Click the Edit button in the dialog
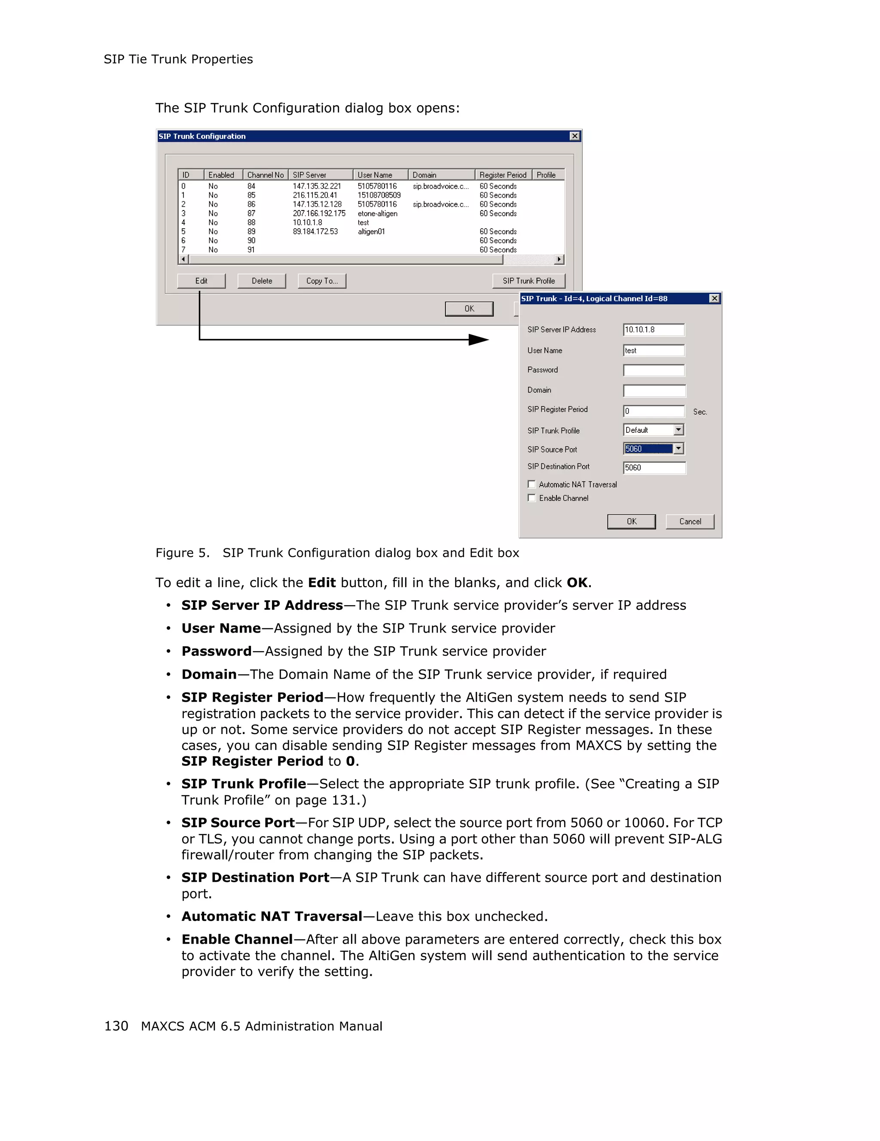pyautogui.click(x=201, y=281)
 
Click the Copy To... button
pyautogui.click(x=322, y=281)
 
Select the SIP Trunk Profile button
pyautogui.click(x=529, y=281)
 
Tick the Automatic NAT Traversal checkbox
pyautogui.click(x=532, y=484)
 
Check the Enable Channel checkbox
pyautogui.click(x=532, y=498)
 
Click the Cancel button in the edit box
pyautogui.click(x=689, y=521)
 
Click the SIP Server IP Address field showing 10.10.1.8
pyautogui.click(x=654, y=330)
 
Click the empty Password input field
pyautogui.click(x=654, y=370)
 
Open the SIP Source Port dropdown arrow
pyautogui.click(x=678, y=449)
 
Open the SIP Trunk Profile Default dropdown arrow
pyautogui.click(x=678, y=430)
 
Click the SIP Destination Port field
pyautogui.click(x=654, y=468)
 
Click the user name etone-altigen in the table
pyautogui.click(x=377, y=213)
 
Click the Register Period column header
pyautogui.click(x=502, y=175)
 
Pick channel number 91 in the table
pyautogui.click(x=251, y=250)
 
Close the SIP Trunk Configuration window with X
pyautogui.click(x=574, y=136)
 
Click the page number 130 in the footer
pyautogui.click(x=116, y=1026)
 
